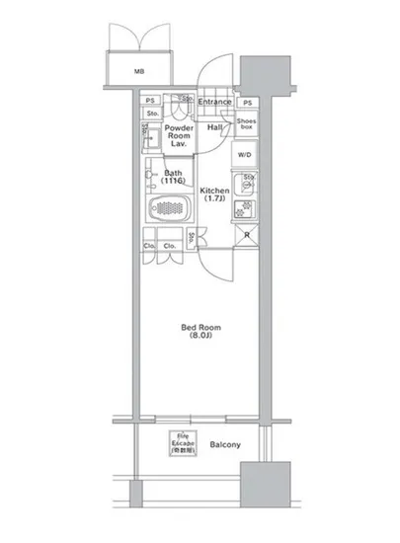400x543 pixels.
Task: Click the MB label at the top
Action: point(139,70)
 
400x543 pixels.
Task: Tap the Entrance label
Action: point(214,102)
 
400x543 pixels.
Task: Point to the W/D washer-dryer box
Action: point(245,156)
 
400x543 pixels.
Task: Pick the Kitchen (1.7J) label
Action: point(215,194)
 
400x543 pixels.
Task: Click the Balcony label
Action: point(225,445)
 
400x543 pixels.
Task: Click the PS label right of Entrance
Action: point(247,103)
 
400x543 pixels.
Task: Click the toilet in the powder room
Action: point(179,108)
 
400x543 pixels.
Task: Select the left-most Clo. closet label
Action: point(149,246)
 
